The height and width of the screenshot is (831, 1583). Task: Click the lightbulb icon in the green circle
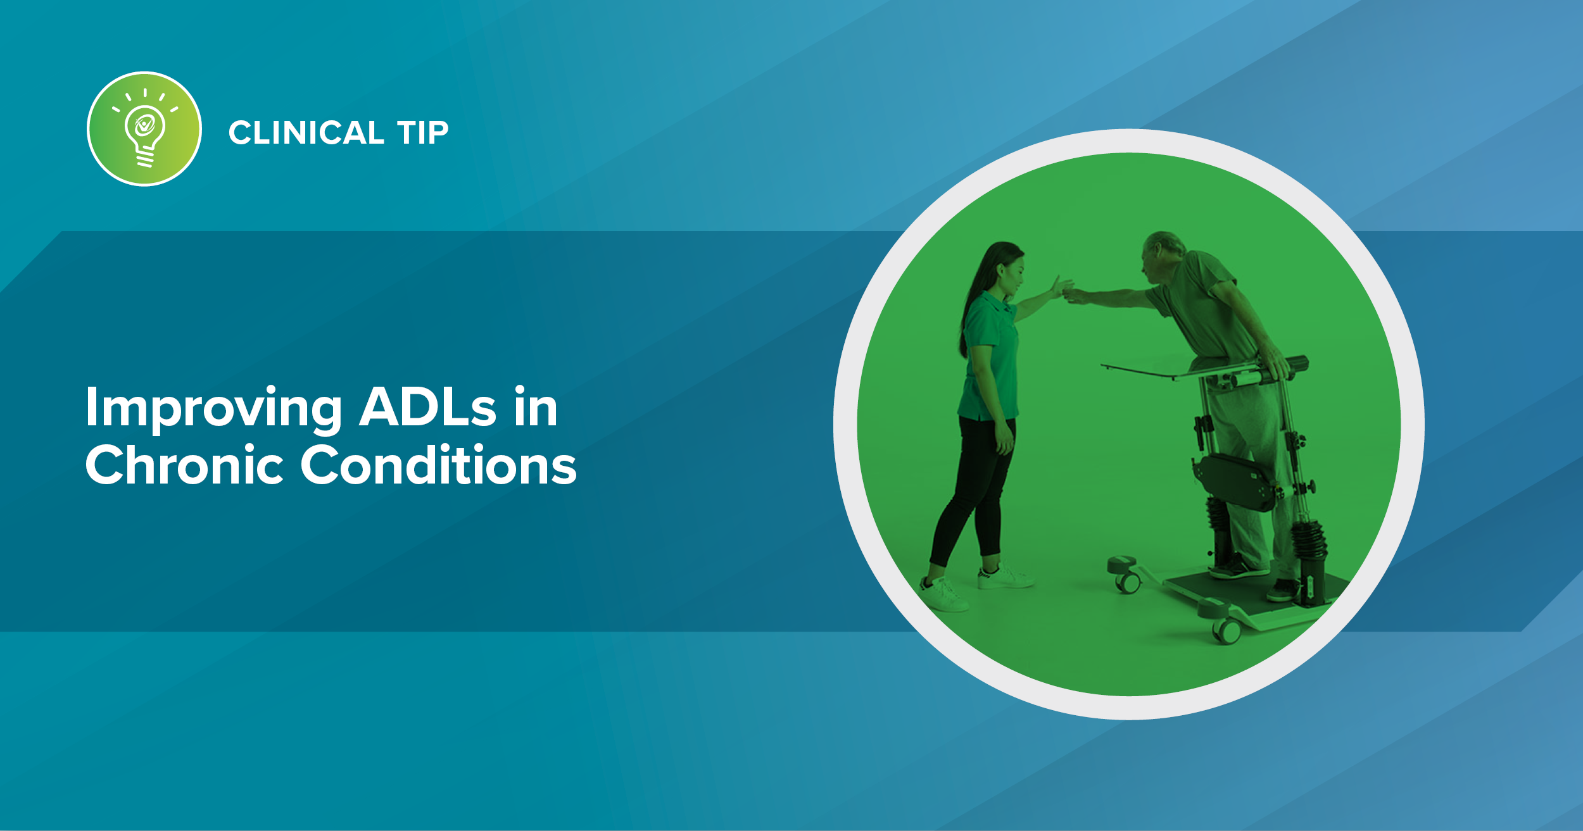[144, 129]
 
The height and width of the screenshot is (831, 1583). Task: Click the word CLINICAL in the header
[306, 133]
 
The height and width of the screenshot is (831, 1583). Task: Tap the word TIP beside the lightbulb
[422, 133]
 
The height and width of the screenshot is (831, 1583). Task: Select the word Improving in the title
[213, 408]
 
